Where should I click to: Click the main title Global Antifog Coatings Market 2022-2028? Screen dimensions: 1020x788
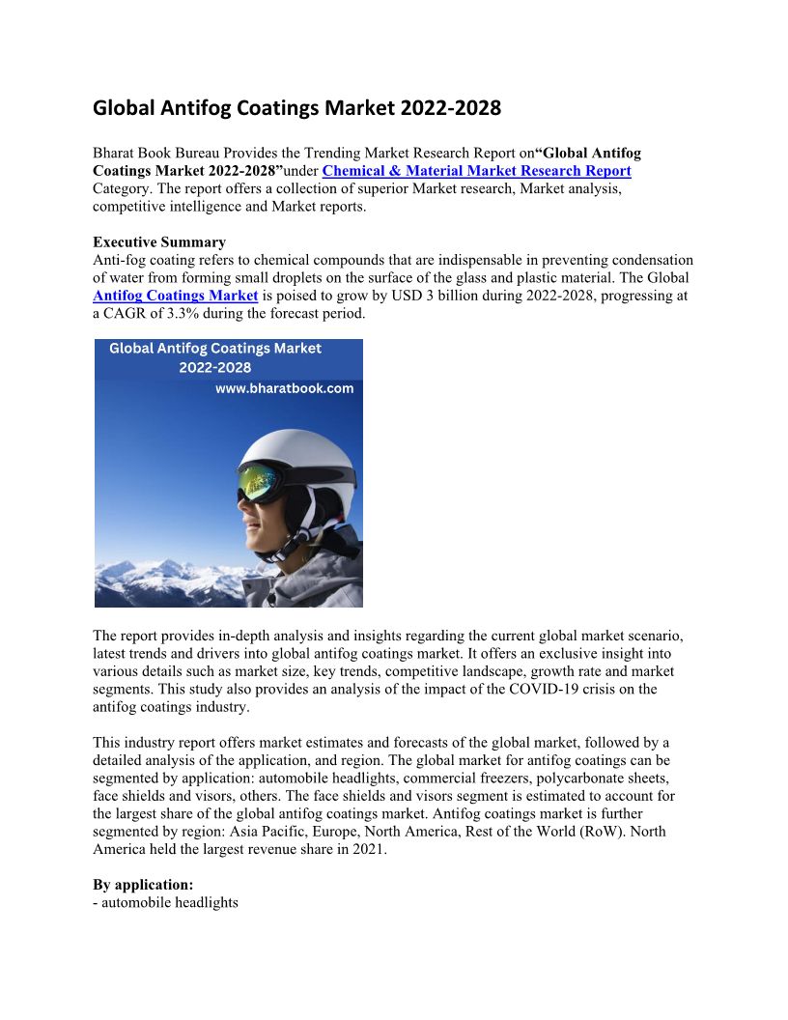[296, 108]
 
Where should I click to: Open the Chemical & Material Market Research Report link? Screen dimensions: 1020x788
[476, 171]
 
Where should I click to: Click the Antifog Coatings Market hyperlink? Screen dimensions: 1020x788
[175, 296]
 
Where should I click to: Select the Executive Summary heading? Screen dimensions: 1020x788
[159, 241]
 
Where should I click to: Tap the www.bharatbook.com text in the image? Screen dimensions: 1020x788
[284, 388]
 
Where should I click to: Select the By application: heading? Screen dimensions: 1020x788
[141, 884]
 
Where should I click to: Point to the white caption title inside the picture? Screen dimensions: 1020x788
[215, 357]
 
